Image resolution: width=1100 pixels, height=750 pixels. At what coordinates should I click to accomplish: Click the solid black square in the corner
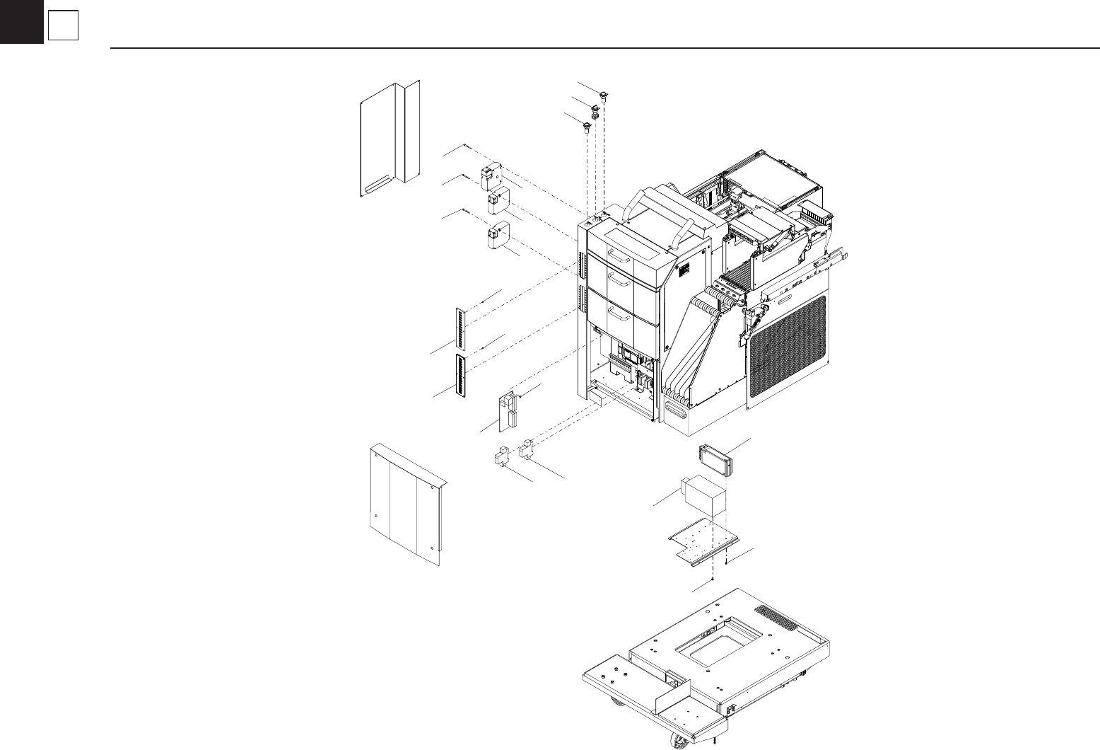21,21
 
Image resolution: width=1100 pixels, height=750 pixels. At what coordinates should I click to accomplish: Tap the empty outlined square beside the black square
62,27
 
